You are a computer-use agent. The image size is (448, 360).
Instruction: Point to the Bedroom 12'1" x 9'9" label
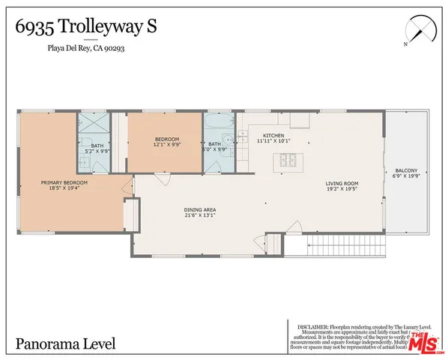point(166,142)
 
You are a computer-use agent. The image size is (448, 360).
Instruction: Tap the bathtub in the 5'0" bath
point(218,124)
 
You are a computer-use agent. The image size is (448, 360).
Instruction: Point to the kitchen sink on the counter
point(243,136)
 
